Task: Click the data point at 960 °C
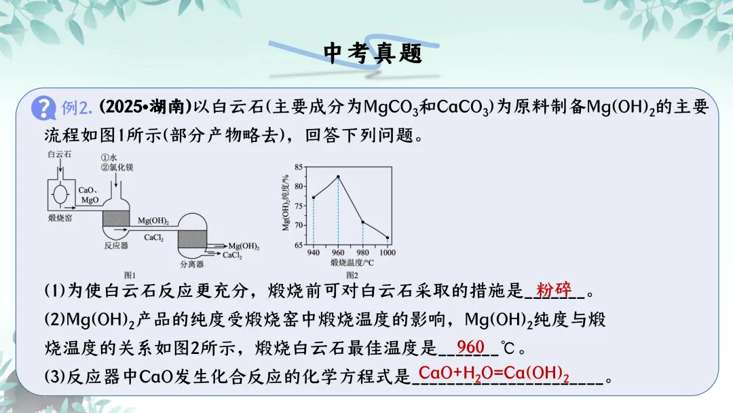click(x=338, y=177)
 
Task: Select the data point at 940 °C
click(x=313, y=198)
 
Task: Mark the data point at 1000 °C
click(x=388, y=238)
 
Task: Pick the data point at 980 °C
click(x=362, y=222)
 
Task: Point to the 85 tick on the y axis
click(x=299, y=167)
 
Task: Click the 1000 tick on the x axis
click(x=388, y=253)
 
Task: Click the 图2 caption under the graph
click(x=352, y=275)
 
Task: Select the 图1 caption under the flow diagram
click(x=130, y=275)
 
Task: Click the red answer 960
click(x=470, y=347)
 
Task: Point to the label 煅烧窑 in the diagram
click(x=61, y=218)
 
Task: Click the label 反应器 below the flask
click(x=116, y=245)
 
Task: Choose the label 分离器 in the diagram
click(x=191, y=264)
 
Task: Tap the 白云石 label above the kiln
click(x=60, y=155)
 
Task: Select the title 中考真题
click(x=373, y=54)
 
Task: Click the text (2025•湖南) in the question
click(x=144, y=107)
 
